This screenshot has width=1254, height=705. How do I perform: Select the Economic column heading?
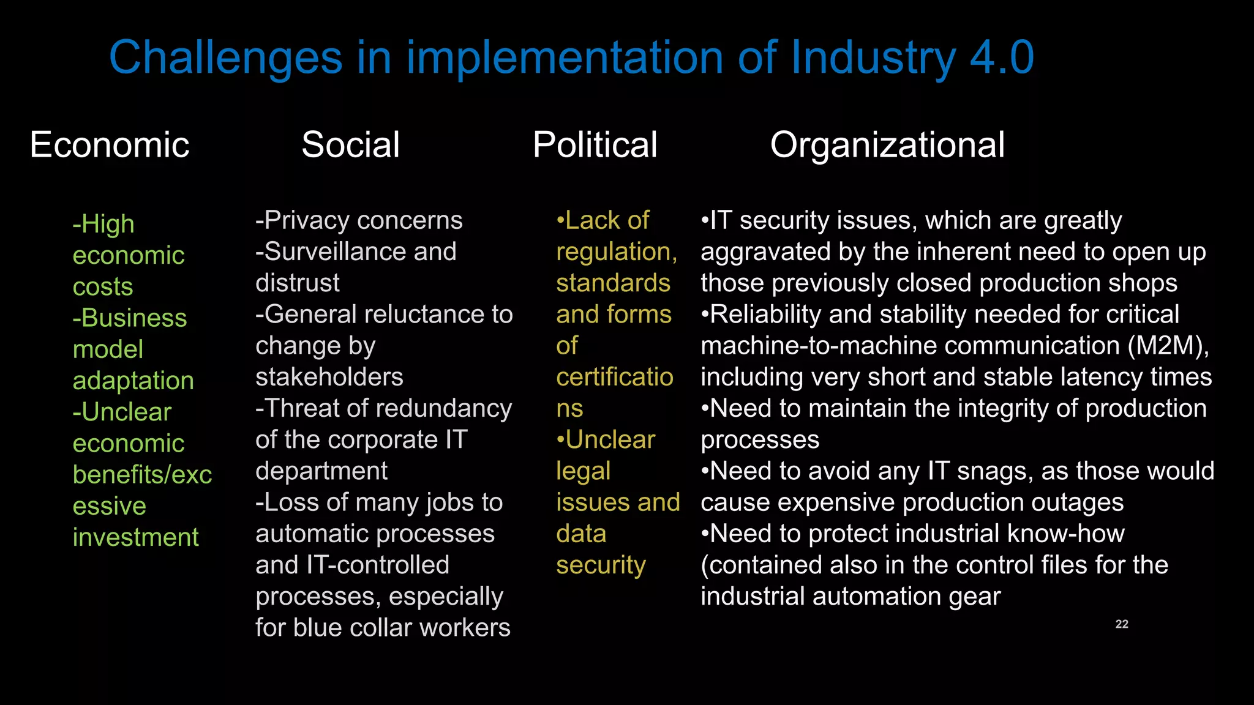[x=110, y=145]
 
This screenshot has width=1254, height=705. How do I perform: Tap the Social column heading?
[x=350, y=145]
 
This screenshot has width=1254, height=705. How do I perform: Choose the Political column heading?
[x=595, y=145]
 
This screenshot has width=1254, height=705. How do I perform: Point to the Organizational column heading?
[x=887, y=145]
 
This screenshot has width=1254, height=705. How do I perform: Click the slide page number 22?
[x=1122, y=624]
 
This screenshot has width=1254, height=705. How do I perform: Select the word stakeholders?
[x=329, y=377]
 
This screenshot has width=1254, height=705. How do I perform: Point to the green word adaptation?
[x=133, y=381]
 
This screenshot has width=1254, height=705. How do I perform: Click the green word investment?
[x=135, y=537]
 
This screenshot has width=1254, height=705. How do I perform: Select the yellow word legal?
[x=583, y=471]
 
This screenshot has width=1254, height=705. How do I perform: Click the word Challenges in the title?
[x=225, y=58]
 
